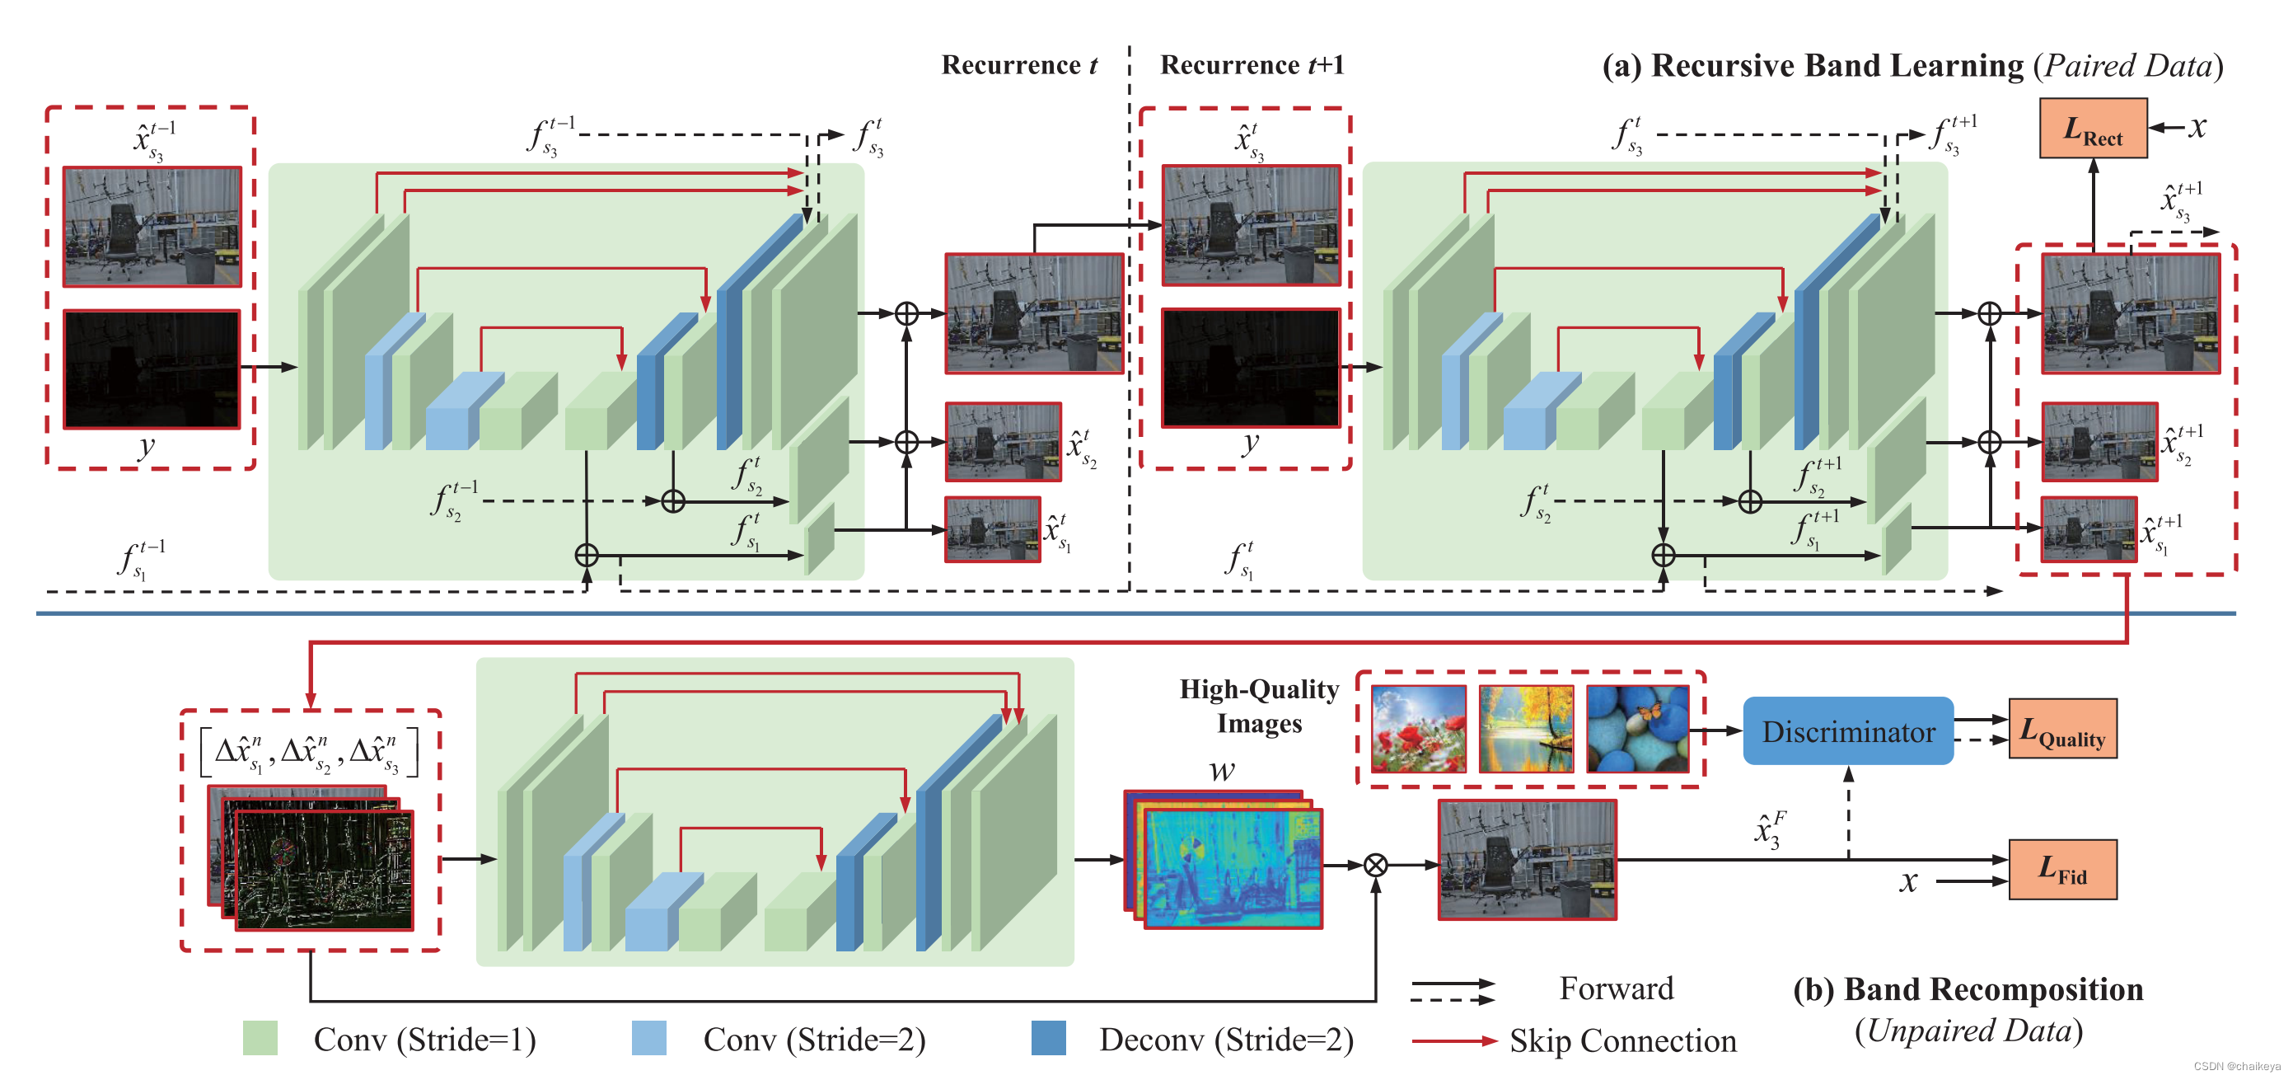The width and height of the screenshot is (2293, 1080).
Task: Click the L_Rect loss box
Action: coord(2092,129)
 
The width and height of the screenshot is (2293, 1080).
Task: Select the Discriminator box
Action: coord(1847,731)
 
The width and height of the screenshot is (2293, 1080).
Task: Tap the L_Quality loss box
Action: coord(2061,729)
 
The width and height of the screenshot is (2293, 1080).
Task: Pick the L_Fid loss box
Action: coord(2061,869)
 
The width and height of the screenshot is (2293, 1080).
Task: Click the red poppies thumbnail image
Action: coord(1418,728)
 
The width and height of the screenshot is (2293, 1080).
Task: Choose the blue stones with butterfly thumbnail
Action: coord(1636,728)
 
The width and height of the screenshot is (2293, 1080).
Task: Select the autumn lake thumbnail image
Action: coord(1525,728)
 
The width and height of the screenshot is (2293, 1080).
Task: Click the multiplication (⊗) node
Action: coord(1375,865)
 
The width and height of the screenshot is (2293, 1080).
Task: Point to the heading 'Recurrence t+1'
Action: coord(1252,65)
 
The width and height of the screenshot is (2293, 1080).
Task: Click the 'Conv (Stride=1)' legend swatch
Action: coord(260,1038)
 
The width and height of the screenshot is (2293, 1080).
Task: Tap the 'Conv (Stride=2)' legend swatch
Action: coord(649,1038)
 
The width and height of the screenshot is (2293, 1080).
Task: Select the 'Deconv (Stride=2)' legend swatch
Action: coord(1048,1038)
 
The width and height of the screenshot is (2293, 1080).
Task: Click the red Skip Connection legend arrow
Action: coord(1453,1040)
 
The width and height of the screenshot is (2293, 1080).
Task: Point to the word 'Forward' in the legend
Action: coord(1616,988)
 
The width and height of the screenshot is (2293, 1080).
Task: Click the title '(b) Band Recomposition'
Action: coord(1968,989)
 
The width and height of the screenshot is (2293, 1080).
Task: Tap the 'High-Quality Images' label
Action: coord(1259,706)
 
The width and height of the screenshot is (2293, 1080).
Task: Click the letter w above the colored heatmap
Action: coord(1222,770)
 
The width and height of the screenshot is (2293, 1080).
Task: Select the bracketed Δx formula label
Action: coord(309,753)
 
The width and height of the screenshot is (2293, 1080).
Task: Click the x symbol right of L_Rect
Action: coord(2197,127)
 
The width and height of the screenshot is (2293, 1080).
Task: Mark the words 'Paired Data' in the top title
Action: coord(2127,66)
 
